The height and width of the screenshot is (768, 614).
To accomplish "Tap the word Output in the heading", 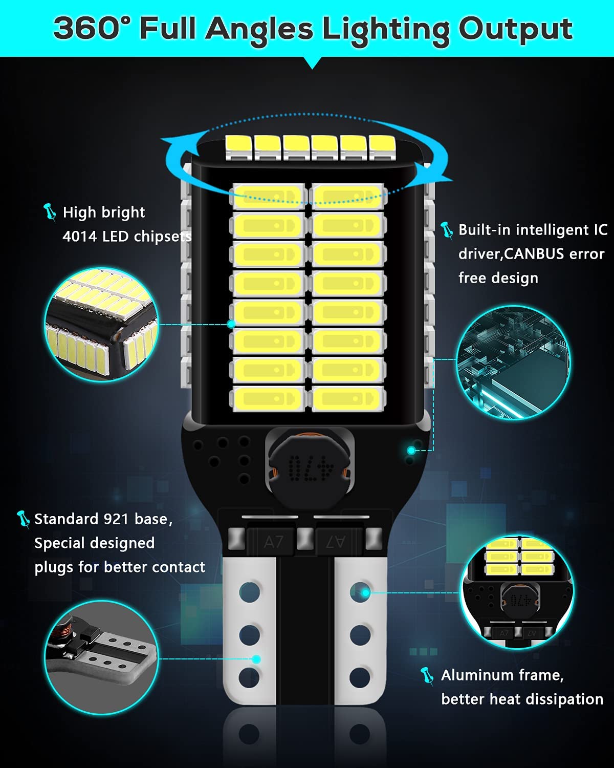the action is click(515, 31).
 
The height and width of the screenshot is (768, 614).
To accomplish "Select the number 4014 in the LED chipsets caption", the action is click(79, 236).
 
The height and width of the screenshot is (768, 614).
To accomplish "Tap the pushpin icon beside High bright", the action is click(50, 212).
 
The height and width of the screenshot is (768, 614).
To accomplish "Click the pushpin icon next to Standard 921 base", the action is click(23, 520).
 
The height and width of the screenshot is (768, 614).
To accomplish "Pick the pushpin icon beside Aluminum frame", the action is click(427, 676).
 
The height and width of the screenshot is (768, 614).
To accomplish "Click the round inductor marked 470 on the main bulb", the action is click(311, 467).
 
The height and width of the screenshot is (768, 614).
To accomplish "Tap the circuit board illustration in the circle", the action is click(513, 362).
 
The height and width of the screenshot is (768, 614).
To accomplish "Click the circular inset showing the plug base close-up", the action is click(101, 657).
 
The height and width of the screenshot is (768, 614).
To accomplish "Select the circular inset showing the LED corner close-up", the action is click(101, 324).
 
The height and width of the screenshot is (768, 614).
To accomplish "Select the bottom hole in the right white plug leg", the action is click(360, 677).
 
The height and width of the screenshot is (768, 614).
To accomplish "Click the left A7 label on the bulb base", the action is click(273, 542).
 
